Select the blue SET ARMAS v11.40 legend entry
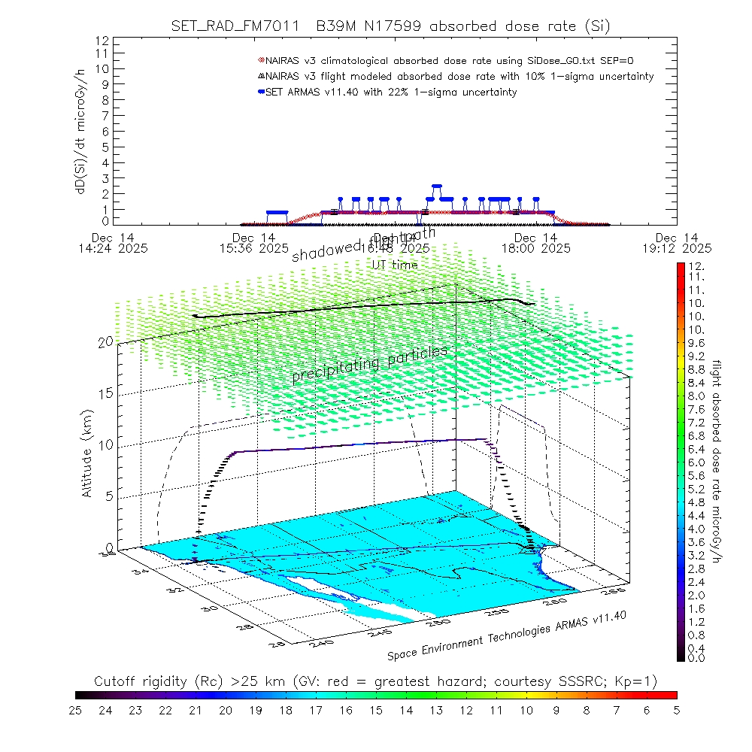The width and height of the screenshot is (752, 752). coord(391,92)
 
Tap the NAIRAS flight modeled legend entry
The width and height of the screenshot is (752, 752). coord(459,76)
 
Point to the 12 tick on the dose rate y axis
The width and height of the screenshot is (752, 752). coord(104,40)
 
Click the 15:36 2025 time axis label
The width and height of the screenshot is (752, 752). coord(253,247)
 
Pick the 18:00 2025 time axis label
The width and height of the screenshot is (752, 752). coord(535,247)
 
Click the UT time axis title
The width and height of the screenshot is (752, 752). coord(395,264)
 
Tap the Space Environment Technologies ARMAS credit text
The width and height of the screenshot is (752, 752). coord(508,637)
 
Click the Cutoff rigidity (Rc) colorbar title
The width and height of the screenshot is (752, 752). coord(375,681)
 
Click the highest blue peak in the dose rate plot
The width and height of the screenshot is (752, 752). coord(436,186)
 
